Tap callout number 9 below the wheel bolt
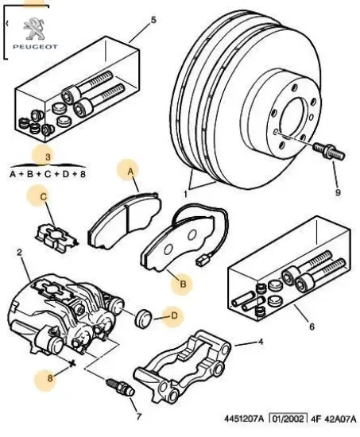click(x=335, y=191)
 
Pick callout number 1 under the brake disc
click(x=186, y=193)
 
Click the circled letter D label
click(x=173, y=319)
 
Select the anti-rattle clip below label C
click(x=54, y=236)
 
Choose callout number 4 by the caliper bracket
click(x=259, y=342)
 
